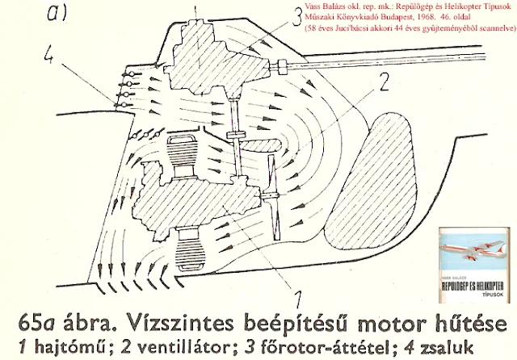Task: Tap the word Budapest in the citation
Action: pos(380,18)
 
